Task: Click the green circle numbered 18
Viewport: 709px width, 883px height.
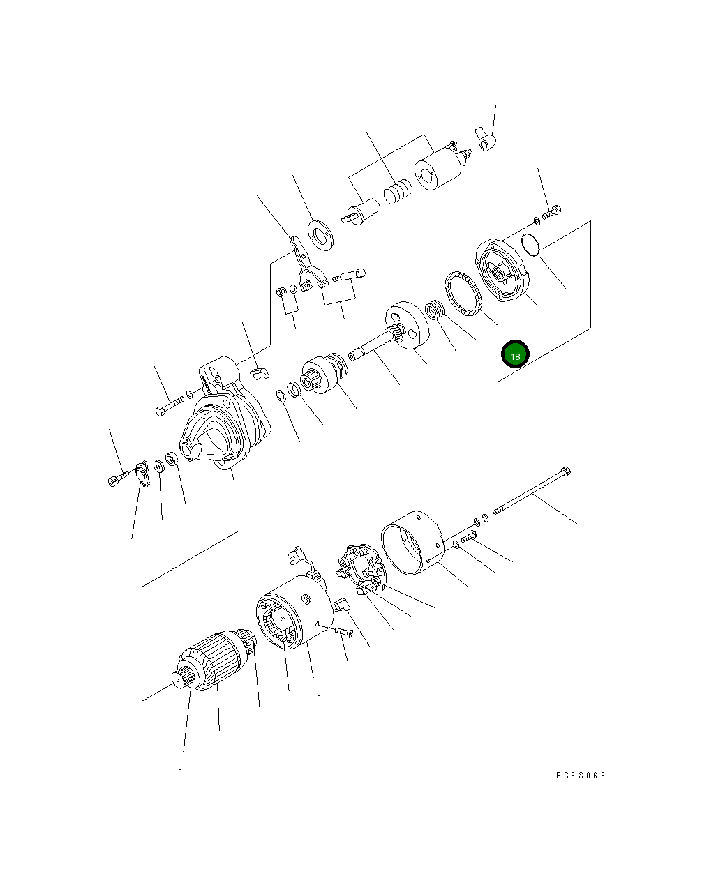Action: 515,354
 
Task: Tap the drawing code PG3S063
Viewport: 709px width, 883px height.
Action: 581,775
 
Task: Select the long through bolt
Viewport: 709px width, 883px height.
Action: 532,491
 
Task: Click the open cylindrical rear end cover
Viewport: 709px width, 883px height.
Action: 412,543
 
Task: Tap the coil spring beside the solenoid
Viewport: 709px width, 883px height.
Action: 398,192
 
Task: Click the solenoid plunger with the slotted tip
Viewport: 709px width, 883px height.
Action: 361,212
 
